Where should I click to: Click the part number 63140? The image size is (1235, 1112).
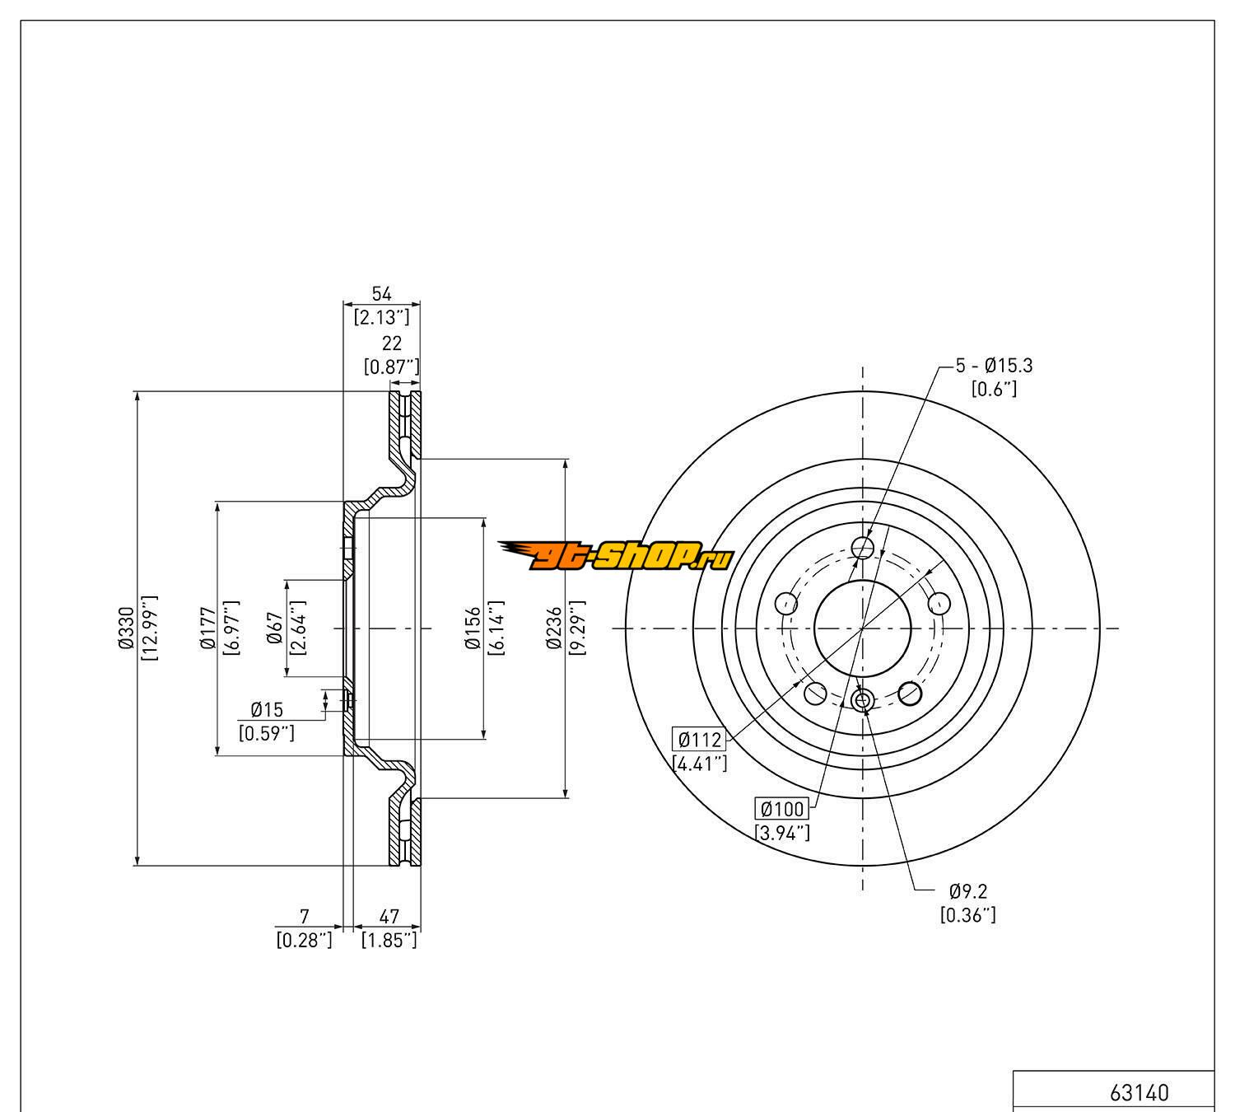1139,1093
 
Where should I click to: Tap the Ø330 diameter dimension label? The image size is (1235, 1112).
126,628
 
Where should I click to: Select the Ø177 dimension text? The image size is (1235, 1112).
207,628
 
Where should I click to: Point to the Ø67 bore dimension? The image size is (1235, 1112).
275,628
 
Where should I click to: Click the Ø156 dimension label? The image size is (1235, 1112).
473,628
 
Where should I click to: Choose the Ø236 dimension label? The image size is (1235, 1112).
554,628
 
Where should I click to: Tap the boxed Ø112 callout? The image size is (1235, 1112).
699,739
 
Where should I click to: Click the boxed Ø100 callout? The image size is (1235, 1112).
782,809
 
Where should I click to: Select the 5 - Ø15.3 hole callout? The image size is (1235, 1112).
994,365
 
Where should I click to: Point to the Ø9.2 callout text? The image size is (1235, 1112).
967,890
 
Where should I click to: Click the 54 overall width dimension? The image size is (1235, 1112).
381,294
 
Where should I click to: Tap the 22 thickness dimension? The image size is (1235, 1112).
392,344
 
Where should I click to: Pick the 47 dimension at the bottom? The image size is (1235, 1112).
389,916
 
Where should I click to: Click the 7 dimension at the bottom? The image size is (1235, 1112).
305,916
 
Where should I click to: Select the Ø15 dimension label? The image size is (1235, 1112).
267,709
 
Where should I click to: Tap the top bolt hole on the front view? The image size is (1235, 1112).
862,548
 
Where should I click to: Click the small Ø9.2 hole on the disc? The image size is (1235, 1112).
862,701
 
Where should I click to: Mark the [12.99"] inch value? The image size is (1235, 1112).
149,628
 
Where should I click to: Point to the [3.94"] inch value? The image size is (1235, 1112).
782,833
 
